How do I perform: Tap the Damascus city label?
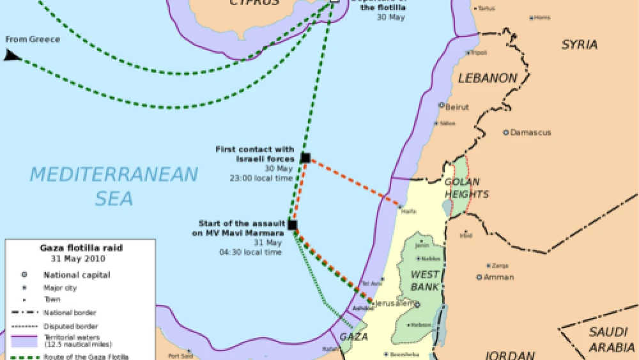tap(530, 133)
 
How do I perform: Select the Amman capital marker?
tap(479, 277)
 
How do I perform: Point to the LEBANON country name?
tap(488, 79)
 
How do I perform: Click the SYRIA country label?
tap(579, 45)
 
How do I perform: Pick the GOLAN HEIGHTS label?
tap(466, 188)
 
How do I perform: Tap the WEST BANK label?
tap(425, 281)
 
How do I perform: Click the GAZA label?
tap(353, 336)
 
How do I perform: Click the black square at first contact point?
tap(305, 158)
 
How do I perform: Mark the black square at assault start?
tap(292, 225)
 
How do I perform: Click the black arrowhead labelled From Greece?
tap(12, 56)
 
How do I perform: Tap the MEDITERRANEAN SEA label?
tap(114, 185)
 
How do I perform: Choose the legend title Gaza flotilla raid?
tap(81, 248)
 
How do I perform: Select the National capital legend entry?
tap(77, 276)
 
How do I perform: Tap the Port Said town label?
tap(180, 355)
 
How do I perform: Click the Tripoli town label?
tap(480, 53)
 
